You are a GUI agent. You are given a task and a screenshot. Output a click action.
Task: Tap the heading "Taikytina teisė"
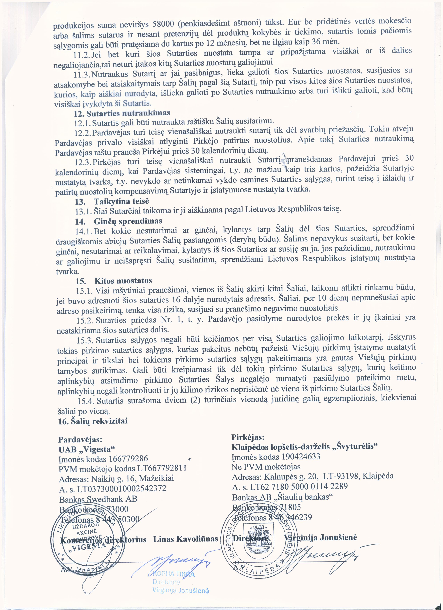[121, 201]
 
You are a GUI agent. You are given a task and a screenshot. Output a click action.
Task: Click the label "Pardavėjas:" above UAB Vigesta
[80, 440]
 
